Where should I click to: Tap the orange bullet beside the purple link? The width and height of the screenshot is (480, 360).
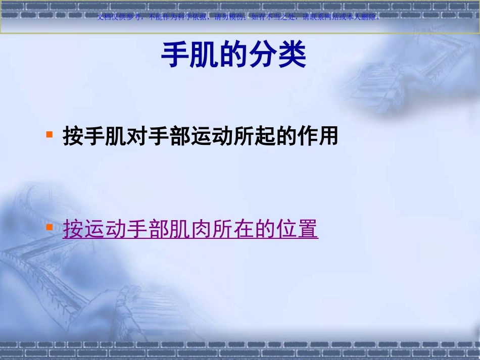[50, 227]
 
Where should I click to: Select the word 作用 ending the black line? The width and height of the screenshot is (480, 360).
[319, 136]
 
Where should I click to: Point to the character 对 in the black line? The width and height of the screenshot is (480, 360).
[138, 136]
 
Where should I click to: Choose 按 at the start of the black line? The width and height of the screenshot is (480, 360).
[73, 136]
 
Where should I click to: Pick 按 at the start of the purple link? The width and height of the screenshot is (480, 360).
[73, 229]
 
